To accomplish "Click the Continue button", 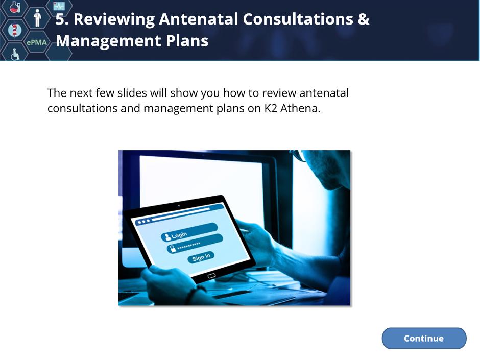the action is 424,338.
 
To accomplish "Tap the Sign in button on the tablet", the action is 201,257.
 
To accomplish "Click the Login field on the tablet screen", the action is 189,232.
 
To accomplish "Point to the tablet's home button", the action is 211,276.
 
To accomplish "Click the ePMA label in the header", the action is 37,42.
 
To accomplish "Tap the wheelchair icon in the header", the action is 15,54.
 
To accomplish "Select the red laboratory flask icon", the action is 14,7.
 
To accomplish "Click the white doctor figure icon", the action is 37,18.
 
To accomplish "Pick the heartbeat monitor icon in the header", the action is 59,6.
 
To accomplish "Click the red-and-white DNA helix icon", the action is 14,30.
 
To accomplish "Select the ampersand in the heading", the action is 364,19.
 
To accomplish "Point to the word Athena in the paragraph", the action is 300,108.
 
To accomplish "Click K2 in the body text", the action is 271,108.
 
